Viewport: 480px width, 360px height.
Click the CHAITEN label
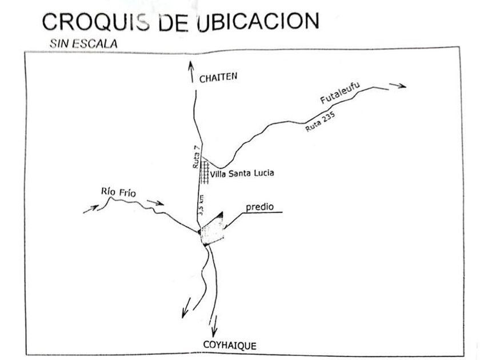[x=218, y=79]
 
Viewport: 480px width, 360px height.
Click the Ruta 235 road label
[x=319, y=121]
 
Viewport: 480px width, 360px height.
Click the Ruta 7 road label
[x=197, y=157]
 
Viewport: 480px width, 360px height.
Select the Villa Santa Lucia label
[x=243, y=173]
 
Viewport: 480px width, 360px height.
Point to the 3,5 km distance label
[x=201, y=204]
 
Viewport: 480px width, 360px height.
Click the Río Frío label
[x=117, y=193]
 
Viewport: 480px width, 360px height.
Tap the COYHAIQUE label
[x=230, y=345]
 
